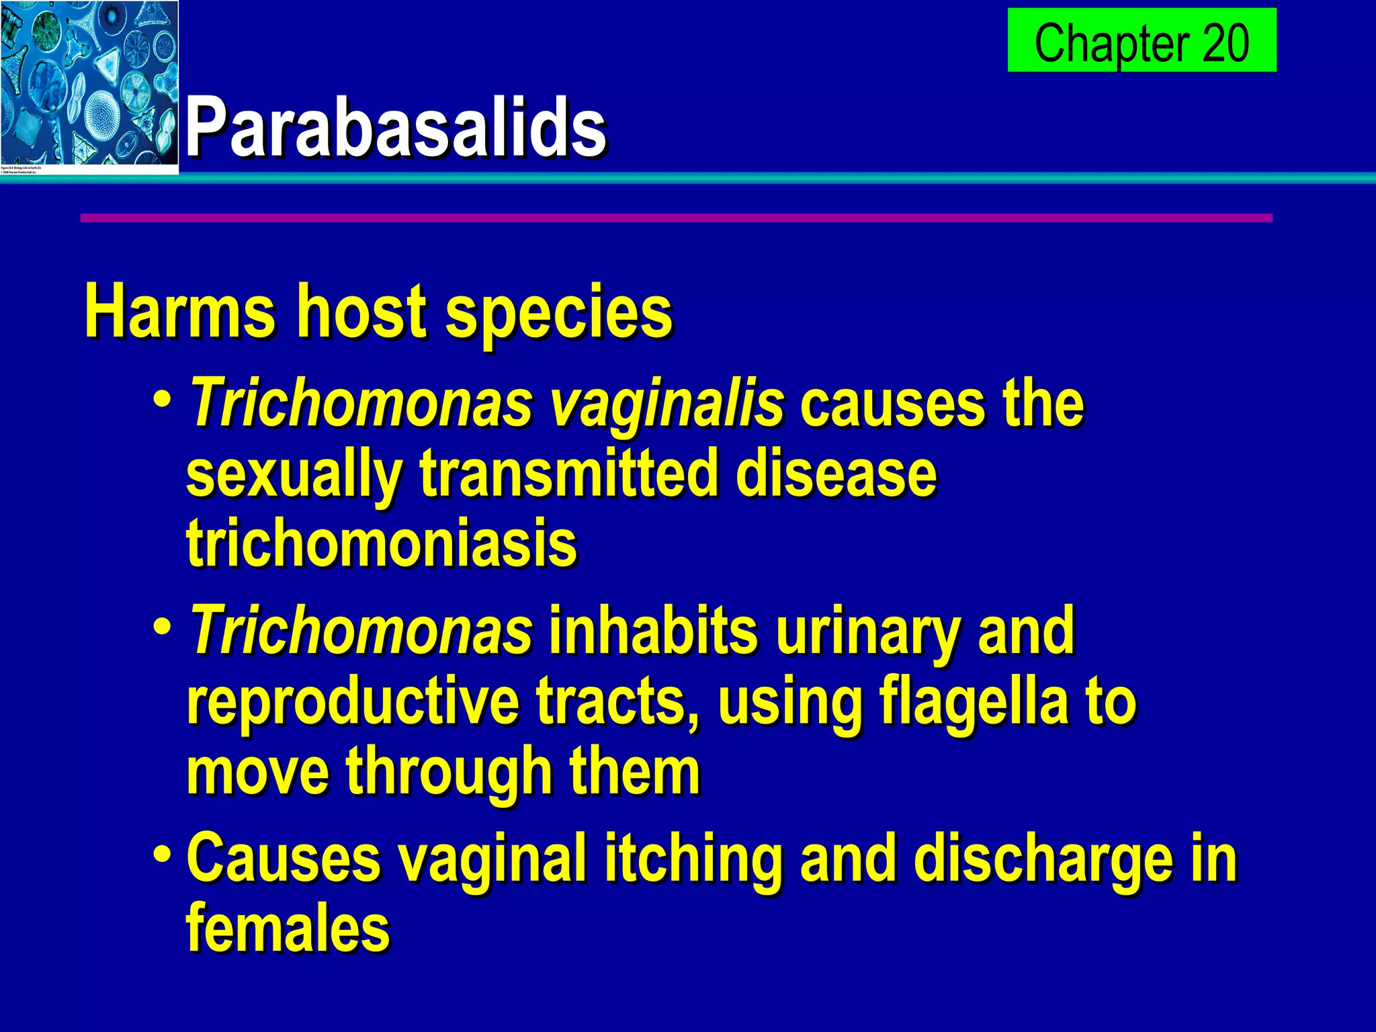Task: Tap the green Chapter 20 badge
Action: coord(1142,40)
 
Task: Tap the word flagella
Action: coord(974,703)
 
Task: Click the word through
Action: coord(449,773)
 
